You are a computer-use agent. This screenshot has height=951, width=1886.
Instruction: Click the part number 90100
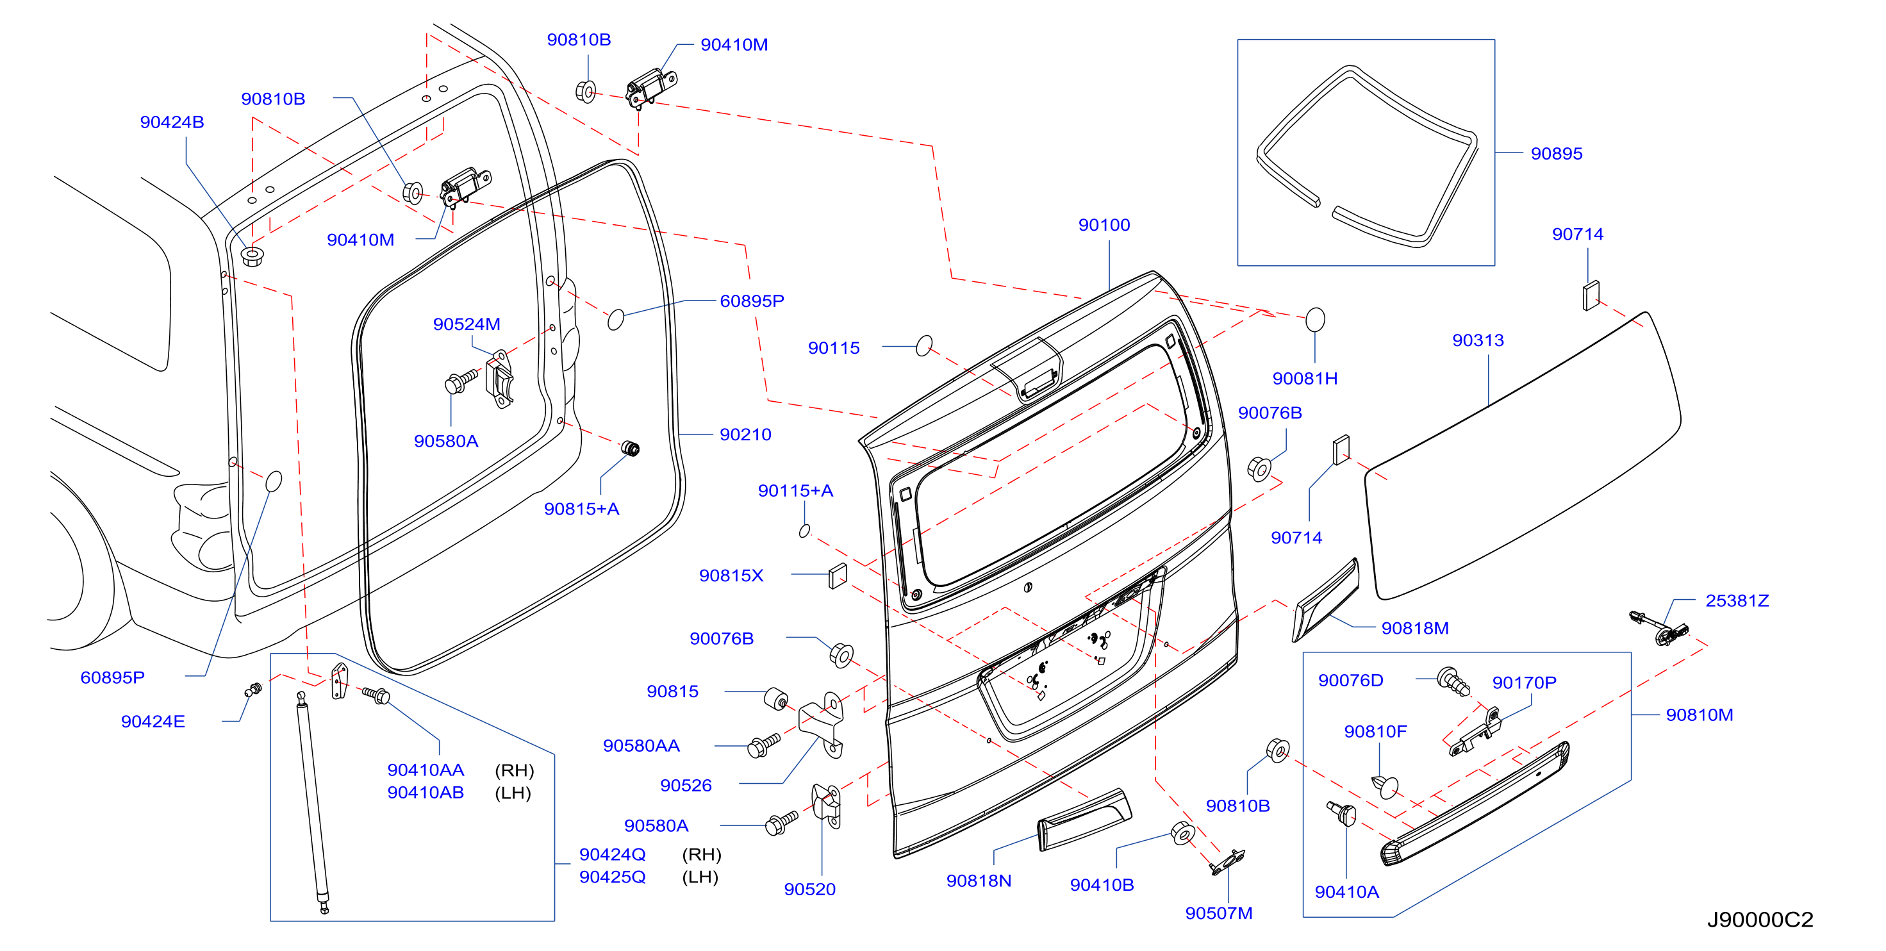pyautogui.click(x=1104, y=226)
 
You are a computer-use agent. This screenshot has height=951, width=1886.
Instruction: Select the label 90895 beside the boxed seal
pyautogui.click(x=1557, y=154)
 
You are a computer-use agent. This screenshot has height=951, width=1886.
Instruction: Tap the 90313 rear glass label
pyautogui.click(x=1478, y=340)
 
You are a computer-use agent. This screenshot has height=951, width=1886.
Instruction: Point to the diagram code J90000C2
pyautogui.click(x=1760, y=920)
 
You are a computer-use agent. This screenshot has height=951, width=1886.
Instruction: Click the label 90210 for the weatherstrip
pyautogui.click(x=745, y=435)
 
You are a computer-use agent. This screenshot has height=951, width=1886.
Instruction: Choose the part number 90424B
pyautogui.click(x=172, y=122)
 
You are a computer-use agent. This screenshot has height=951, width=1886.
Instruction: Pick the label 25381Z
pyautogui.click(x=1737, y=601)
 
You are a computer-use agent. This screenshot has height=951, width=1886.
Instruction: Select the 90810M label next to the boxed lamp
pyautogui.click(x=1700, y=715)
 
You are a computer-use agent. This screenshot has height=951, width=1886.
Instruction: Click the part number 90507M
pyautogui.click(x=1218, y=914)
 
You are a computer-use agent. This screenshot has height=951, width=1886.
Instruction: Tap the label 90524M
pyautogui.click(x=467, y=324)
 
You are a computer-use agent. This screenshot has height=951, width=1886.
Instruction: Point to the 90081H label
pyautogui.click(x=1305, y=379)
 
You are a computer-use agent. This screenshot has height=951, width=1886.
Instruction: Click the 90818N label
pyautogui.click(x=978, y=881)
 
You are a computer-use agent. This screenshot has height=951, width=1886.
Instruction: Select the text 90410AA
pyautogui.click(x=426, y=770)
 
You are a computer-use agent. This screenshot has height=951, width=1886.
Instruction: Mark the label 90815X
pyautogui.click(x=731, y=575)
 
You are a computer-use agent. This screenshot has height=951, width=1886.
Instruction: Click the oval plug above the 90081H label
pyautogui.click(x=1315, y=320)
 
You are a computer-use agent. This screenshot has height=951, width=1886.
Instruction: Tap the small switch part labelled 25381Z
pyautogui.click(x=1660, y=627)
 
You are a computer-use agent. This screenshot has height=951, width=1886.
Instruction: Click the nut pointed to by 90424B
pyautogui.click(x=252, y=256)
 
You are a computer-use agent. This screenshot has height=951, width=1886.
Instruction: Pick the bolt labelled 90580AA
pyautogui.click(x=763, y=745)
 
